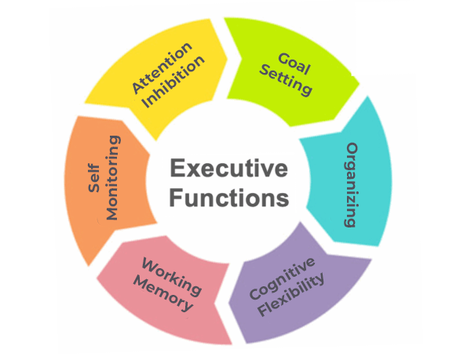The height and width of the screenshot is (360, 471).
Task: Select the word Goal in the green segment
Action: tap(288, 62)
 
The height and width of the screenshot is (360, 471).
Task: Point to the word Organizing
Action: tap(353, 184)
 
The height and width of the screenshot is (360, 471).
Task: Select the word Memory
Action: tap(166, 297)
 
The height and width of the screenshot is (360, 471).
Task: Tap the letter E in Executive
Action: tap(176, 169)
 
